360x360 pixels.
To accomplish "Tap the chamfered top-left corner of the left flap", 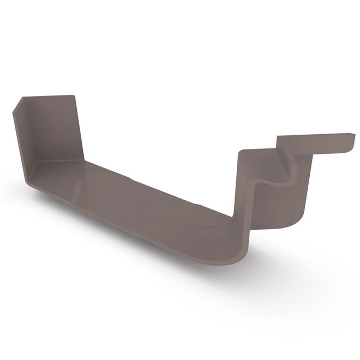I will tap(18, 105).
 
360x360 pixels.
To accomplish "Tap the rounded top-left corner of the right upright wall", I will tap(242, 153).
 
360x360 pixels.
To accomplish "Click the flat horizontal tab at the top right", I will tap(316, 139).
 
